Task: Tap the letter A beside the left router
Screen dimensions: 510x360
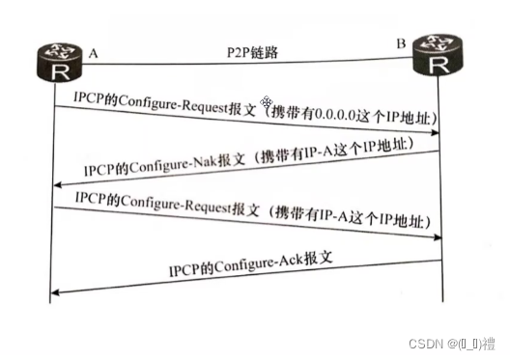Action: [94, 54]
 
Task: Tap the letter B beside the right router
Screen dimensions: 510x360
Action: [401, 42]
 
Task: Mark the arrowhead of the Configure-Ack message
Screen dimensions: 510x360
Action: [55, 290]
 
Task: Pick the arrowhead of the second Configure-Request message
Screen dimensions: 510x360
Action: [437, 237]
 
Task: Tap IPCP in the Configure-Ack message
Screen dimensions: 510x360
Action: [186, 271]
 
